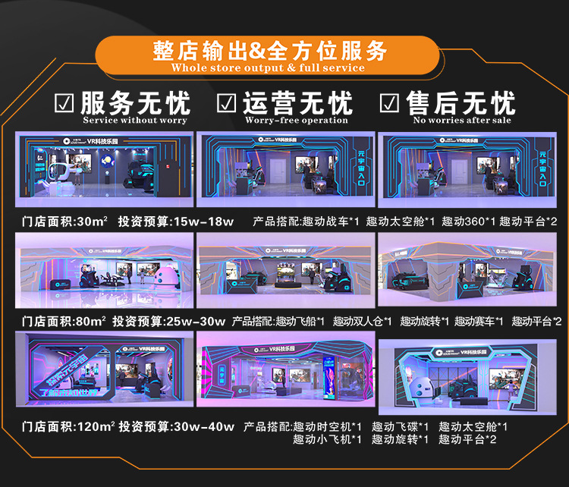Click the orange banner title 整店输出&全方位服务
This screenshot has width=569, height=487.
(269, 51)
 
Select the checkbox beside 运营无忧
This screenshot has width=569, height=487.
(227, 102)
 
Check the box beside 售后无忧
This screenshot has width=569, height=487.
(389, 102)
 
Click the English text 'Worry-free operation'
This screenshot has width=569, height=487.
(297, 120)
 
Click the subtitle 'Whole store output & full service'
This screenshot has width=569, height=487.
(269, 68)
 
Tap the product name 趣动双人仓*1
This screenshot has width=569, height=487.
(362, 322)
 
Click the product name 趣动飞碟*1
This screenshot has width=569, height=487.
(401, 426)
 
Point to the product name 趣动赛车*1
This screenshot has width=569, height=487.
(479, 322)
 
